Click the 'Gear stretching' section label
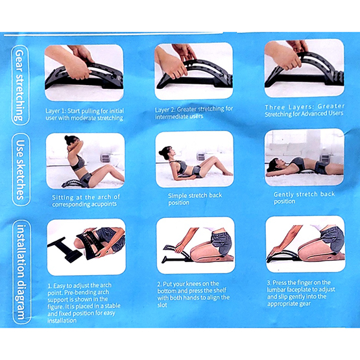click(20, 85)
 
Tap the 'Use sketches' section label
click(21, 170)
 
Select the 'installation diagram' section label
click(21, 272)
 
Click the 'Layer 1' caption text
click(84, 114)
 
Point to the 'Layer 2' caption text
click(194, 112)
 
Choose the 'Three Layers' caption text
click(304, 110)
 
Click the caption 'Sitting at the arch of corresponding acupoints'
click(86, 200)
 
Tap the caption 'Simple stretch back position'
click(195, 199)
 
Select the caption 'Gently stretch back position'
click(304, 198)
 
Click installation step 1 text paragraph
click(84, 303)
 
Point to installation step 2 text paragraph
click(193, 294)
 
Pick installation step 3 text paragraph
click(301, 293)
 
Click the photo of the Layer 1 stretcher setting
click(84, 73)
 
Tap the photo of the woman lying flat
click(304, 157)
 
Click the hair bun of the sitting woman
click(67, 138)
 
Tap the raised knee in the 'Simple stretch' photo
click(213, 159)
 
